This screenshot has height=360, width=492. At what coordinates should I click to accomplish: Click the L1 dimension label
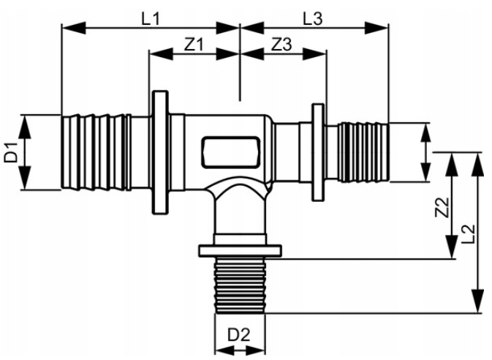click(x=151, y=19)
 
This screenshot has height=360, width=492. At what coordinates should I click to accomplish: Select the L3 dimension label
click(x=312, y=19)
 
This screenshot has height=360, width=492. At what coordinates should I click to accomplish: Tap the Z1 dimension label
click(x=194, y=45)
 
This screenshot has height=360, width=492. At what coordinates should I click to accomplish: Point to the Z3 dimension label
click(x=281, y=45)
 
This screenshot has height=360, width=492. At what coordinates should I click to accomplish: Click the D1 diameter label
click(x=11, y=152)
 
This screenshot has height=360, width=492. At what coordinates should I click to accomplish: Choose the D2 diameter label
click(x=239, y=335)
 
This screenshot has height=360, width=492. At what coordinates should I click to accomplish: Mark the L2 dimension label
click(x=469, y=234)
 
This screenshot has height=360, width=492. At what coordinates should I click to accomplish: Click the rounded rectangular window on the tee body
click(x=231, y=151)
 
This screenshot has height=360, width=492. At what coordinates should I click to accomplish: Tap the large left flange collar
click(x=160, y=152)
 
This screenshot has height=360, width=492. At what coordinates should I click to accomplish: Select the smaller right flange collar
click(x=317, y=152)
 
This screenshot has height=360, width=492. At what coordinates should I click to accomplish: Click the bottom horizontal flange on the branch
click(x=240, y=251)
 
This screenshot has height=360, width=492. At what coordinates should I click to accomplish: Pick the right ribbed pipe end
click(x=364, y=152)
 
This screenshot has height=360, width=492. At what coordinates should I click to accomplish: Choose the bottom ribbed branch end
click(x=240, y=285)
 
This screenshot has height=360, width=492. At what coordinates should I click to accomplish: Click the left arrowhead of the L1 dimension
click(x=74, y=28)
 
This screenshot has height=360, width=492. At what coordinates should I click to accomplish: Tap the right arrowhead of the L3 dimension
click(x=376, y=28)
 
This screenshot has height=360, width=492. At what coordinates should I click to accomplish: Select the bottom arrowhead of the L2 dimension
click(x=478, y=301)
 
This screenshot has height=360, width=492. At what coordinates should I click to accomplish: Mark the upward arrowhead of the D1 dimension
click(x=25, y=127)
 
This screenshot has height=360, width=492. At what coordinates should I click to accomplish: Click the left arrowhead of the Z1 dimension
click(x=162, y=53)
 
